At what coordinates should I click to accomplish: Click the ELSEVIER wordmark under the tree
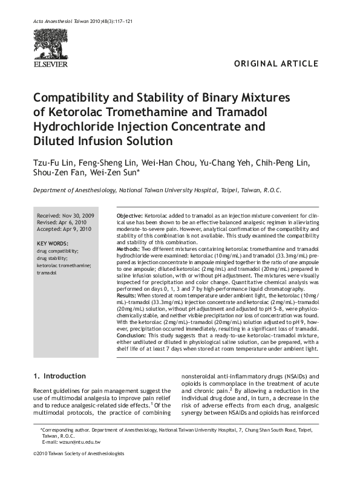pyautogui.click(x=51, y=63)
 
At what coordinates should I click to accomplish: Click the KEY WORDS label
pyautogui.click(x=53, y=242)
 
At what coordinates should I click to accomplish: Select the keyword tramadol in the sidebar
pyautogui.click(x=47, y=273)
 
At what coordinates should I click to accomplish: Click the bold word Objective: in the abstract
pyautogui.click(x=129, y=216)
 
